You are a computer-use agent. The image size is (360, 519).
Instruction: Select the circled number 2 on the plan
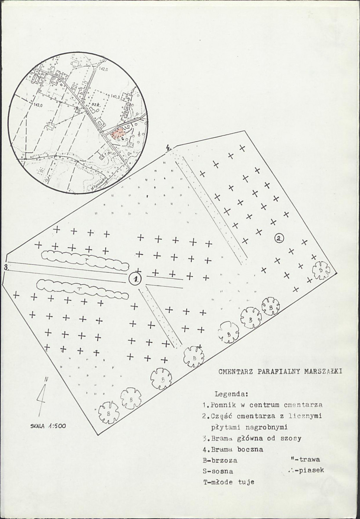click(x=280, y=238)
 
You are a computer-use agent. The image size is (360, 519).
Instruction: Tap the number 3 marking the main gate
click(x=6, y=267)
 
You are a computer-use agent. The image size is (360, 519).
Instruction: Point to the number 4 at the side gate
click(x=168, y=149)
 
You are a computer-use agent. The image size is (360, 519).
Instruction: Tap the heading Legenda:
click(x=231, y=394)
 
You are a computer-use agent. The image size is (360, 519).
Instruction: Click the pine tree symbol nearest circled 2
click(x=321, y=270)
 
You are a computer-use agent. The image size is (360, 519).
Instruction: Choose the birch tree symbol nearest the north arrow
click(x=109, y=412)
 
